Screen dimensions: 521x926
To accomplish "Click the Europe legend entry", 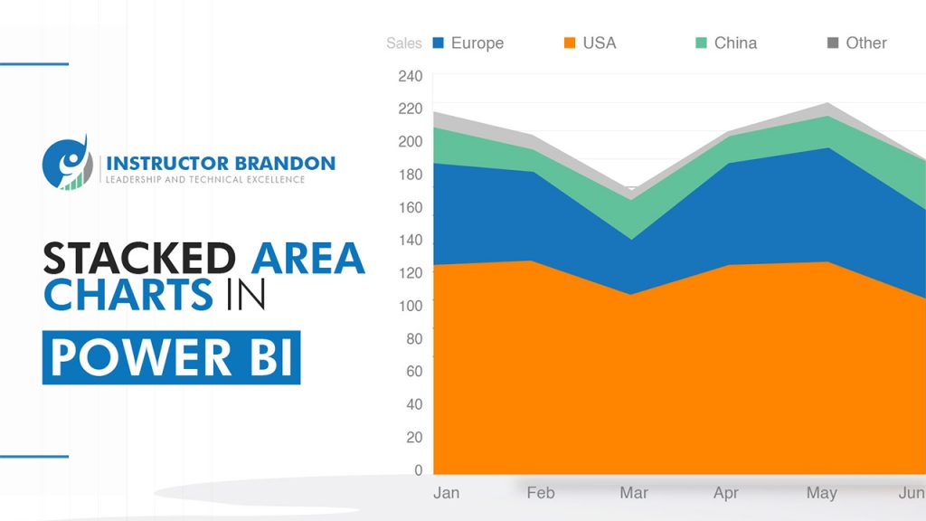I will tap(468, 43).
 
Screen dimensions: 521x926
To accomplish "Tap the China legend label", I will tap(735, 43).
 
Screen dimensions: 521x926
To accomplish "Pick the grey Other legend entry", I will tap(857, 43).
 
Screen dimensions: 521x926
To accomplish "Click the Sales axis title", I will tap(403, 43).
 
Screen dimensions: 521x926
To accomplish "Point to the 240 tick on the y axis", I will tap(410, 76).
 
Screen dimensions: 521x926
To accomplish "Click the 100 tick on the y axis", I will tap(410, 306).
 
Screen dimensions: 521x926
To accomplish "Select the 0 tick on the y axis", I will tap(418, 470).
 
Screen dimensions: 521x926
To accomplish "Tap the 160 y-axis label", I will tap(410, 207).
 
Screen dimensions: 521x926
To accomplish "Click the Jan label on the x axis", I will tap(446, 493).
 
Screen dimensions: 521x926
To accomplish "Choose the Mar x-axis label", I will tap(633, 493).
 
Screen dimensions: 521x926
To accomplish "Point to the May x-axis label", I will tap(821, 493).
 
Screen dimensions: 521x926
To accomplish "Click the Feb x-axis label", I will tap(540, 493).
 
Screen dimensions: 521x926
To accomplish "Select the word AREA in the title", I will tap(307, 259).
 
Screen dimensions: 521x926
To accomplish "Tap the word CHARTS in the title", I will tap(128, 296).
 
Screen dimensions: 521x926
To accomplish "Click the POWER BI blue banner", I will tap(171, 357).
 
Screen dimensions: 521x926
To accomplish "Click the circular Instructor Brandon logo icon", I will tap(68, 164).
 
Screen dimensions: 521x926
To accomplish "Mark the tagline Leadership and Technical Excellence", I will tap(205, 180).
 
